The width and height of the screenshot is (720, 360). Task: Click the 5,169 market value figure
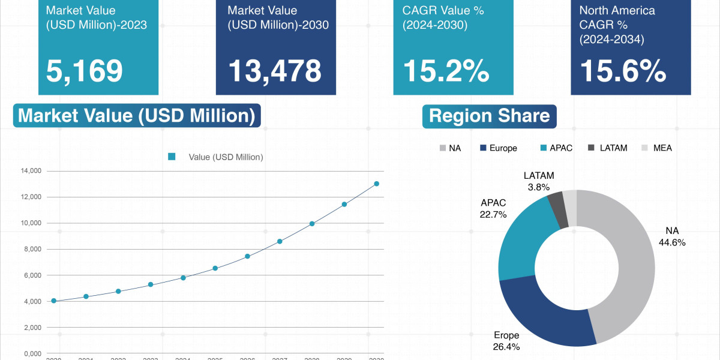[85, 71]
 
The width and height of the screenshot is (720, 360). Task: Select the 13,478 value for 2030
[275, 71]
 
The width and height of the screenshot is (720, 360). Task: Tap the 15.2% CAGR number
[446, 71]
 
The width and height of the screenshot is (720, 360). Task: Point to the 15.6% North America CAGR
[623, 71]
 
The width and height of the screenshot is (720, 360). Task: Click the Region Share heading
[490, 116]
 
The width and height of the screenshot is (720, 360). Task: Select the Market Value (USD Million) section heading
[137, 116]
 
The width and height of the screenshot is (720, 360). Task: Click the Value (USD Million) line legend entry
[216, 157]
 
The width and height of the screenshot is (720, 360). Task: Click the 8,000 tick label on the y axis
[31, 249]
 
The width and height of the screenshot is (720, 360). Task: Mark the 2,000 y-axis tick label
[31, 328]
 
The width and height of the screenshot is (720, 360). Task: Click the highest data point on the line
[377, 184]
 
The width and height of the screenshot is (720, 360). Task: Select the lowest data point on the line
[54, 301]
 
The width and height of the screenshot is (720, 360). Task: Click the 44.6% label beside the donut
[672, 242]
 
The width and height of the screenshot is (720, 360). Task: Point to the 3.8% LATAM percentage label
[538, 187]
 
